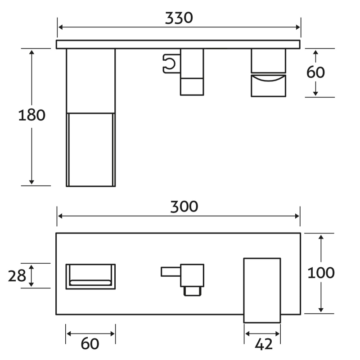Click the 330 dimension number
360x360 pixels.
point(179,18)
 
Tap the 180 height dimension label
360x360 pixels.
point(31,115)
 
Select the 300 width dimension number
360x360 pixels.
point(184,207)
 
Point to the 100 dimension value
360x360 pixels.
point(321,273)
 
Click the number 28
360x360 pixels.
point(17,276)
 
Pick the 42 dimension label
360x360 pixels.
point(264,344)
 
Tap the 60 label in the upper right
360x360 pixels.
point(316,72)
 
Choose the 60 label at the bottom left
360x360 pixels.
point(90,344)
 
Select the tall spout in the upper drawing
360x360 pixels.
point(91,117)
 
